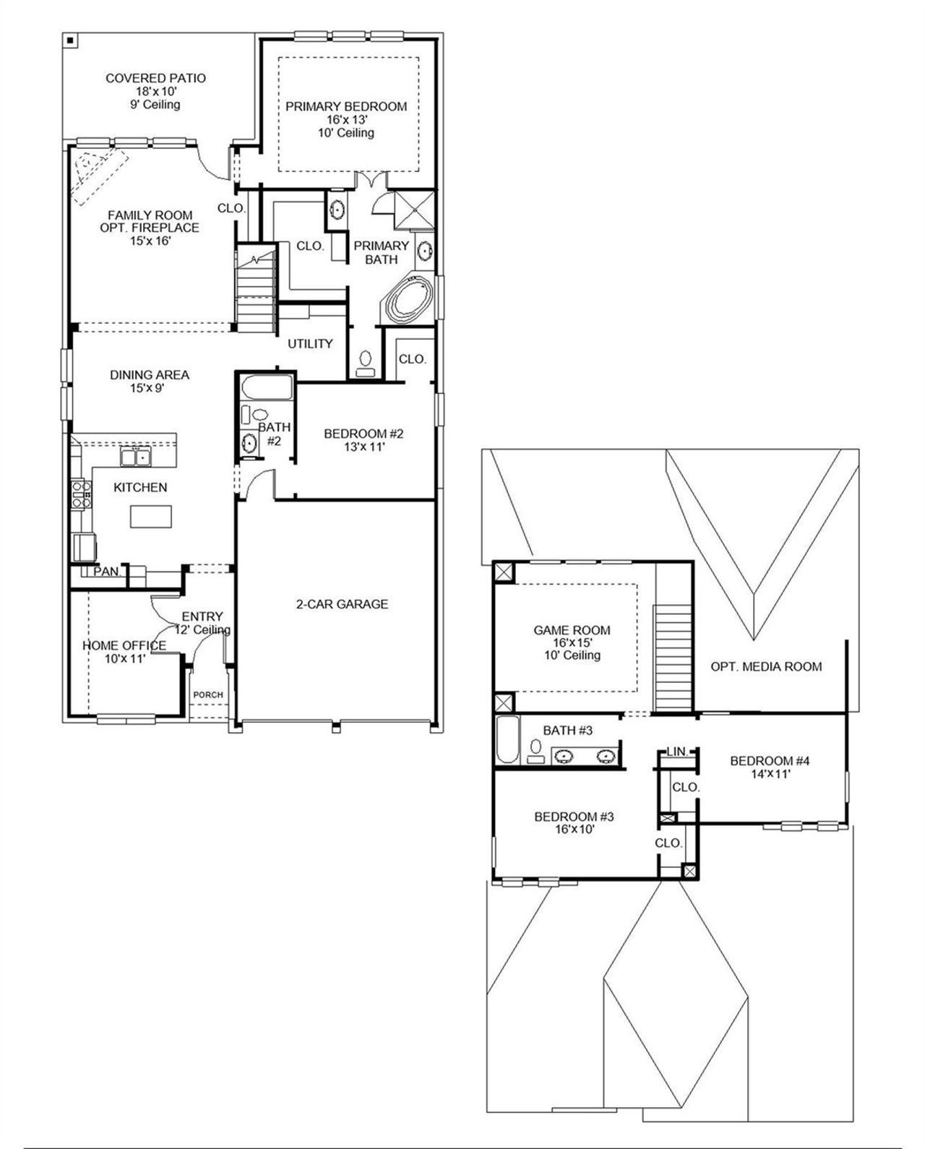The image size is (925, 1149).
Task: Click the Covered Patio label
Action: [x=155, y=78]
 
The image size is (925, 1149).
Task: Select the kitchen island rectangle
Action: [x=151, y=517]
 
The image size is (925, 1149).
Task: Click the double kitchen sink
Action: [x=135, y=457]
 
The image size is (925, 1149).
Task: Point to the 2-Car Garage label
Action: [x=342, y=603]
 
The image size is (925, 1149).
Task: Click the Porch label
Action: [x=208, y=695]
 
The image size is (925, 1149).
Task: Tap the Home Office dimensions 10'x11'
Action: [x=124, y=658]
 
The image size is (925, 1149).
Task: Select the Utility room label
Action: [x=310, y=344]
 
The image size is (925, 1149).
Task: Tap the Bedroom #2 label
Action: [x=363, y=434]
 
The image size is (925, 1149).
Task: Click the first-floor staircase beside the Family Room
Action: [x=257, y=289]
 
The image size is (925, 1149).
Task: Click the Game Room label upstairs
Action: [x=572, y=630]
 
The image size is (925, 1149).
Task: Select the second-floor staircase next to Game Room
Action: [x=673, y=658]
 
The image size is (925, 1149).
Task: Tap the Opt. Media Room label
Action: [x=766, y=666]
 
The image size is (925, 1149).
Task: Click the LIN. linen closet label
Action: [x=678, y=752]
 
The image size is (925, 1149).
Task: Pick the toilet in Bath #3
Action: [x=536, y=751]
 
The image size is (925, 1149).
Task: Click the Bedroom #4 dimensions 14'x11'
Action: [x=770, y=774]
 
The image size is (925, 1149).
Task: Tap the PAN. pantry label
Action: [x=107, y=572]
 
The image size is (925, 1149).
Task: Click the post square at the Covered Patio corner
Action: [x=69, y=41]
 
